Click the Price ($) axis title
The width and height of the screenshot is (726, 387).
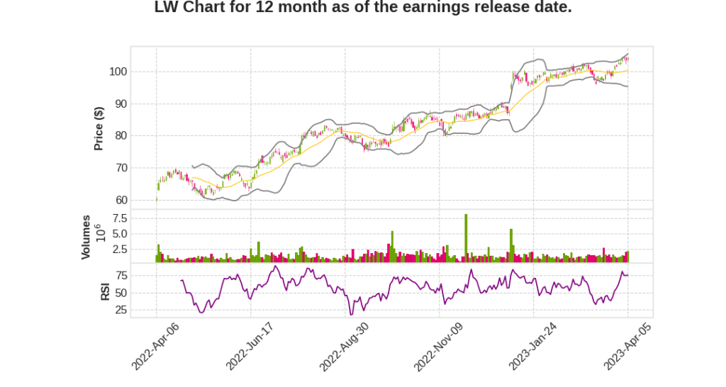coord(99,128)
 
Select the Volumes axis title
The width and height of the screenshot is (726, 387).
coord(86,237)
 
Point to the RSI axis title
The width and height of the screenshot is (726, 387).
coord(105,291)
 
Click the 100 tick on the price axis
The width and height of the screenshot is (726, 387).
coord(118,72)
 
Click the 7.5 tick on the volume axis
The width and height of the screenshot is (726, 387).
coord(118,218)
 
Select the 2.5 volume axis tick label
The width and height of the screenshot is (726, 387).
coord(118,249)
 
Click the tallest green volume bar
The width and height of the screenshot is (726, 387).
coord(466,237)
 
